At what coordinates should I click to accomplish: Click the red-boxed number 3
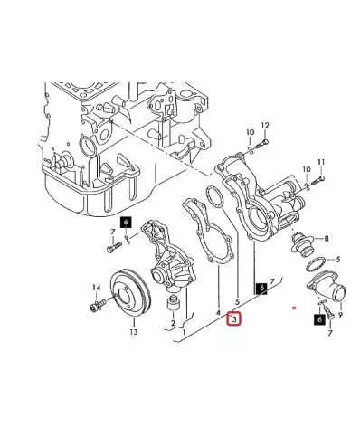[234, 318]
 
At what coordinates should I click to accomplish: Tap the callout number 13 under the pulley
[134, 332]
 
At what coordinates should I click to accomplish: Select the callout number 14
[96, 288]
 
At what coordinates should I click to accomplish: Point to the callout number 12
[265, 126]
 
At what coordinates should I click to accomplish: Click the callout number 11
[321, 162]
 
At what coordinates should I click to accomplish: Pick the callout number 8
[327, 239]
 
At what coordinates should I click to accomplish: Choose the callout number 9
[340, 315]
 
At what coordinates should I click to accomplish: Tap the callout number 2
[173, 324]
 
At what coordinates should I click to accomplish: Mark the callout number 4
[218, 313]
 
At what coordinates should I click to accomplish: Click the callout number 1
[184, 332]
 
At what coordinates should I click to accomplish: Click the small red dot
[294, 308]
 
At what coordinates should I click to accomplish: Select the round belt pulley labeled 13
[130, 294]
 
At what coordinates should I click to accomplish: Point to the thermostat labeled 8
[302, 245]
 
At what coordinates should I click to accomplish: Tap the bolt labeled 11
[317, 180]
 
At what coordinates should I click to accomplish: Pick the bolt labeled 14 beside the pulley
[99, 305]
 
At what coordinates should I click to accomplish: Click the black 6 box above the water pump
[126, 223]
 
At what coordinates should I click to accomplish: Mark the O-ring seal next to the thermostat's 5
[316, 264]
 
